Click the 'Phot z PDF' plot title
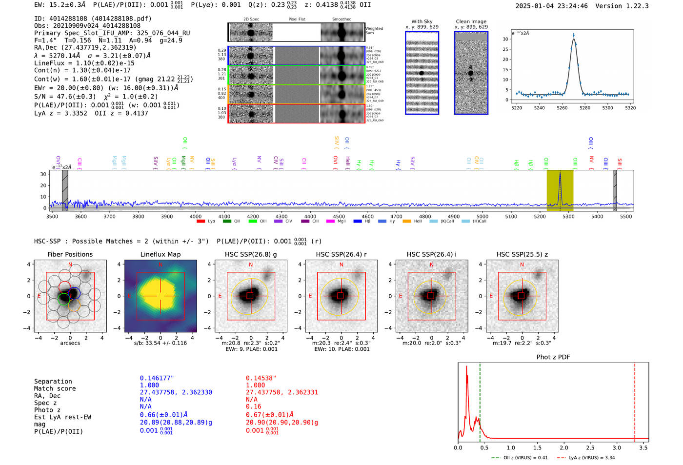coord(553,357)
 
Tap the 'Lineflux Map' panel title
coord(160,254)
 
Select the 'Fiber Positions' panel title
coord(70,254)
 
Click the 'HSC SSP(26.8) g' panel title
coord(251,254)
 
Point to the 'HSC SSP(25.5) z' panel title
coord(522,254)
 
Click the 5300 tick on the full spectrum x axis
coord(568,217)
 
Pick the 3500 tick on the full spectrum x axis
coord(52,217)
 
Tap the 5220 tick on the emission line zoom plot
coord(516,108)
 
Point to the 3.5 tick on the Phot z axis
coord(643,447)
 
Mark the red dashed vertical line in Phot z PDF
coord(635,400)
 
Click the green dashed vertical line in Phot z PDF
coord(480,400)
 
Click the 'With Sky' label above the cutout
coord(422,21)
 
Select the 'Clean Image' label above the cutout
coord(471,21)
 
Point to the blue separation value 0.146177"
coord(157,378)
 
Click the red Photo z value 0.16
coord(253,406)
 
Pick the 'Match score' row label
coord(55,389)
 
